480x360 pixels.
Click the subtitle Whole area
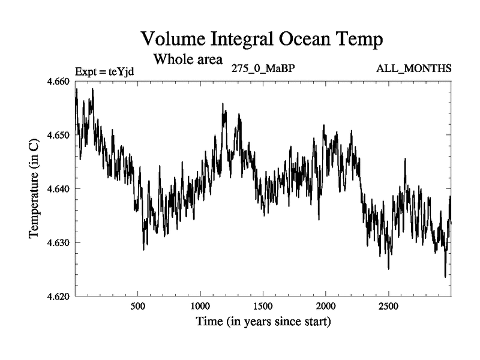pos(188,59)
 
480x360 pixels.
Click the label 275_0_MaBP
pos(263,68)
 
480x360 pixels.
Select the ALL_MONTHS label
pos(413,68)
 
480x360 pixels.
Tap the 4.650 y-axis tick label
pos(58,135)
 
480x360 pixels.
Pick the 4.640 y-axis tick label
pos(58,189)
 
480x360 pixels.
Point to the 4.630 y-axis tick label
pos(58,242)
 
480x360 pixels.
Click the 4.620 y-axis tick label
pos(58,296)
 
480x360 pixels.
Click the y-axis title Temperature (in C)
pos(34,189)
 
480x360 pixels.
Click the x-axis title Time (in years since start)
pos(263,322)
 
